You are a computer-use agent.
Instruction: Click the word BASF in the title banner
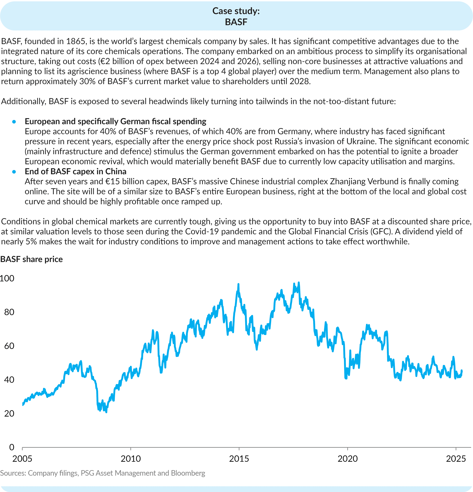(x=236, y=22)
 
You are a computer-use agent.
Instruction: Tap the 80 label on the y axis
(x=9, y=312)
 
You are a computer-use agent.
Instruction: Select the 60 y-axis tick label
(x=9, y=346)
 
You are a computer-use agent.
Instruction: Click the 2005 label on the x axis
(x=22, y=459)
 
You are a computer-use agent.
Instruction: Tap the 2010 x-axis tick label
(x=131, y=459)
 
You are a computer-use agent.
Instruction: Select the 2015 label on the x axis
(x=239, y=459)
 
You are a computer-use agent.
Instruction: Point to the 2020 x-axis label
(x=347, y=459)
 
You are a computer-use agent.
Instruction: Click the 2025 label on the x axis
(x=456, y=459)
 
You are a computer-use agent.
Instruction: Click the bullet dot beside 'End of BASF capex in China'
(x=14, y=172)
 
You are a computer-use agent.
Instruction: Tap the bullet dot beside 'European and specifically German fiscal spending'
(x=14, y=122)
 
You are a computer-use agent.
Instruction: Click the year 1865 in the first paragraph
(x=76, y=41)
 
